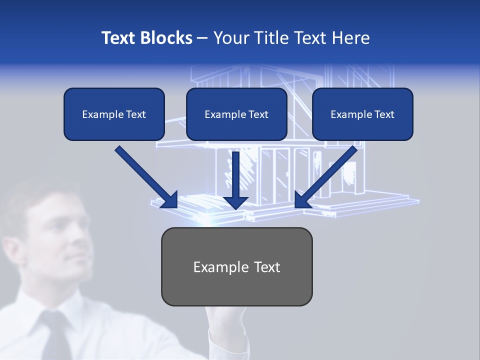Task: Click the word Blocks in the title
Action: point(166,38)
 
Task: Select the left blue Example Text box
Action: point(114,114)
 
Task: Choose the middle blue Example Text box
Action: point(236,114)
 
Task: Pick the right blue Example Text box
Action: point(362,114)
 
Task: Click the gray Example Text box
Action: point(237,267)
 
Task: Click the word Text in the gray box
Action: point(266,267)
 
